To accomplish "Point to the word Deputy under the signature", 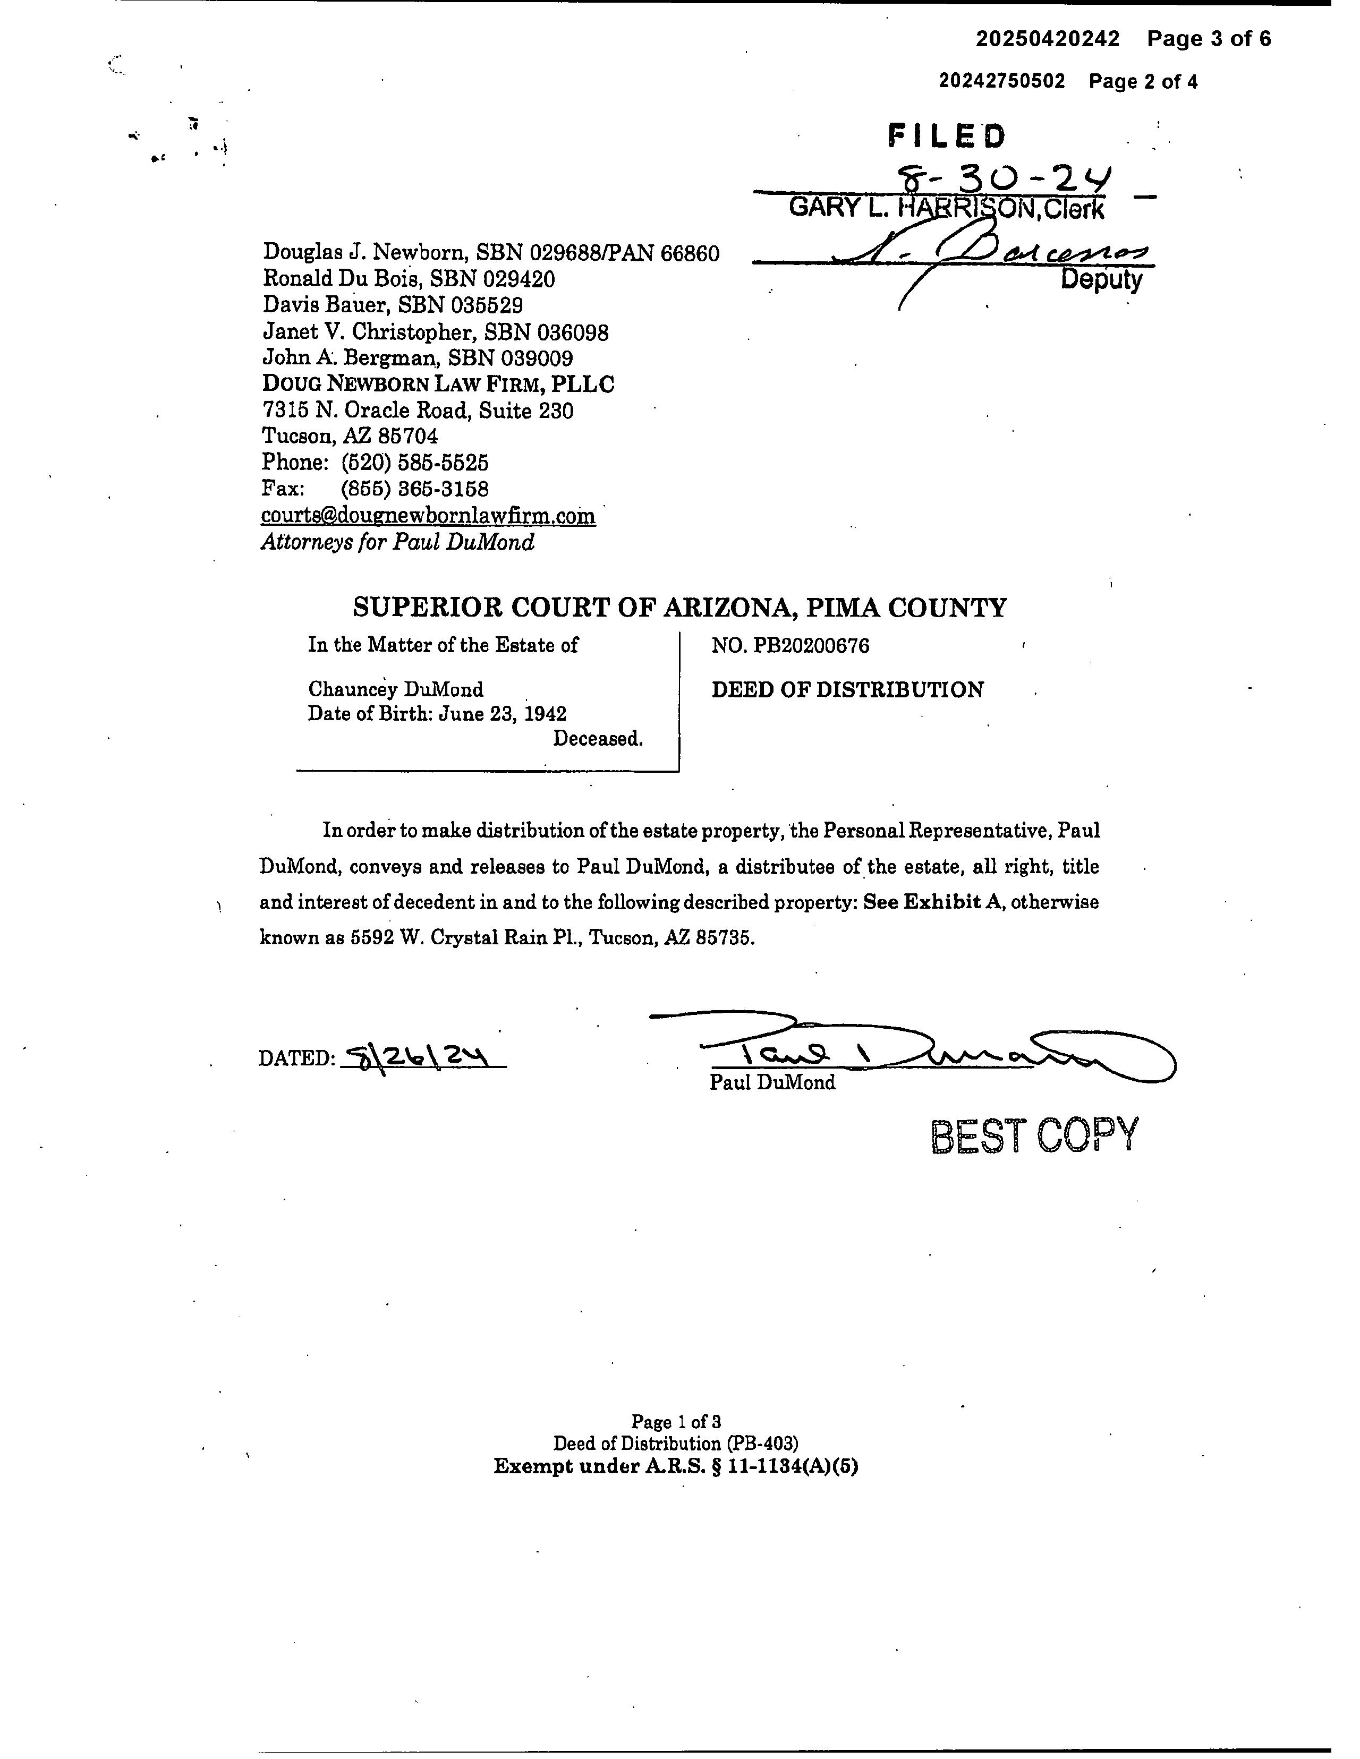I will [1101, 279].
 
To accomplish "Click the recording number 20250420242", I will [1048, 39].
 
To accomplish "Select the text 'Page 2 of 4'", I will [1143, 81].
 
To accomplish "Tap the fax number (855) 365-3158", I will [415, 489].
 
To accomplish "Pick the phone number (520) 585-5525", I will [415, 462].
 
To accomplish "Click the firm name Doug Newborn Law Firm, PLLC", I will [438, 384].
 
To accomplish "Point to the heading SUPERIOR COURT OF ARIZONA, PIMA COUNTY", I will [680, 607].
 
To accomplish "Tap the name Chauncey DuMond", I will [396, 689].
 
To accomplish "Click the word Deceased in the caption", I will [597, 739].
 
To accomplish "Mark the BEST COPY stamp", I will [1034, 1135].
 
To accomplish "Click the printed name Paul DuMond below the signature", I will [772, 1082].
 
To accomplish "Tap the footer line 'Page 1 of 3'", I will [675, 1422].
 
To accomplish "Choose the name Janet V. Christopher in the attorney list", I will [371, 332].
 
